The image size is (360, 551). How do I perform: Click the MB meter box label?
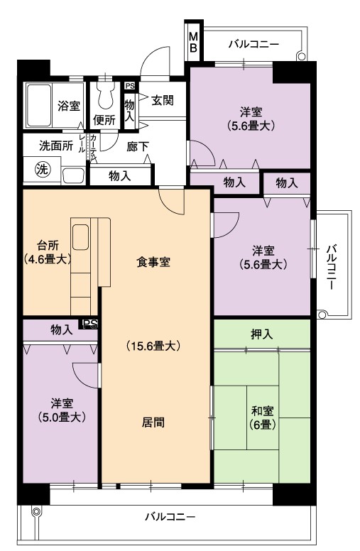[194, 42]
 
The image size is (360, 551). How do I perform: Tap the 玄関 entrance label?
[163, 100]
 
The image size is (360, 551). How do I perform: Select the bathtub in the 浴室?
[39, 105]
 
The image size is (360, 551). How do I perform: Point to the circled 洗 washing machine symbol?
[43, 170]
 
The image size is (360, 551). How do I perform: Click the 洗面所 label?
[56, 146]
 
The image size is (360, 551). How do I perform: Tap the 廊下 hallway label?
[138, 146]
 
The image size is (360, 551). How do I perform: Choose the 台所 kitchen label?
[48, 244]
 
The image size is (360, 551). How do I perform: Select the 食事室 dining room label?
[153, 262]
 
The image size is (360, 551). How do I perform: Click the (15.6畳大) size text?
[153, 346]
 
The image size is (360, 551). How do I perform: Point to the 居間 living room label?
[153, 422]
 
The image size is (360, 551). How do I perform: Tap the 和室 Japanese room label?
[262, 410]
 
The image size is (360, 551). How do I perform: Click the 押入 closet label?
[262, 334]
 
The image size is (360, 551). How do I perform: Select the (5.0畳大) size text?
[62, 417]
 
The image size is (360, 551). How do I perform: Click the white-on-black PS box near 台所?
[90, 324]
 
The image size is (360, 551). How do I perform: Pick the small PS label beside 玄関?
[130, 86]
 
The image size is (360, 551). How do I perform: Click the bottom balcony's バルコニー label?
[170, 517]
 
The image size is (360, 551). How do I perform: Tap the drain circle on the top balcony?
[301, 56]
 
